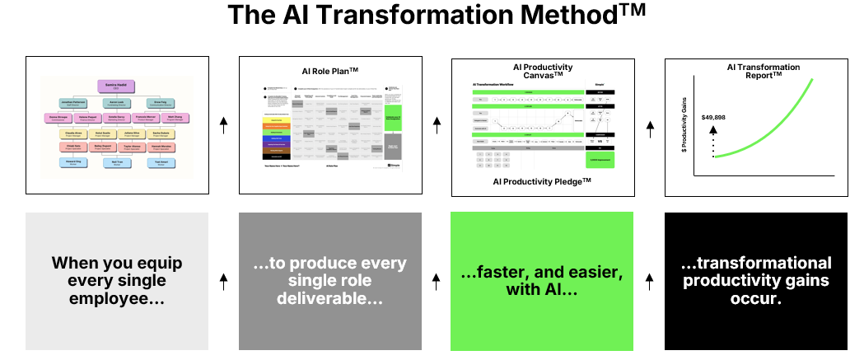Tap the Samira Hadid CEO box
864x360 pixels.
coord(116,86)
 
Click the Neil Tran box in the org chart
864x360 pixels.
coord(117,162)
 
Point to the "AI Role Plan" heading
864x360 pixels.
coord(329,71)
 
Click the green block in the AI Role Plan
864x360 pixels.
coord(393,117)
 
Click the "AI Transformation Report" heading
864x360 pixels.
coord(754,70)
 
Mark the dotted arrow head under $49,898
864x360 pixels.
coord(714,129)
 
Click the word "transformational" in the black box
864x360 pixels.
coord(756,264)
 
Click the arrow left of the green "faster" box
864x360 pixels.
coord(437,281)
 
